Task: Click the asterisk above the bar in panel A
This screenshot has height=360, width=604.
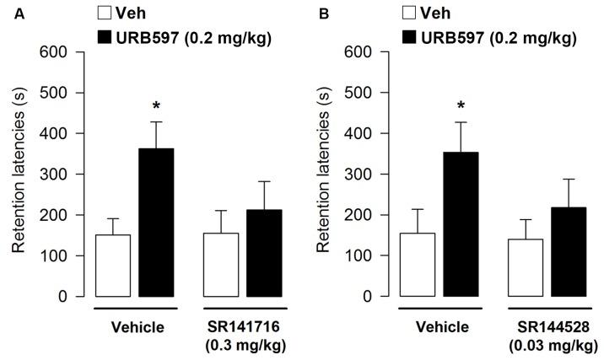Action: click(x=156, y=106)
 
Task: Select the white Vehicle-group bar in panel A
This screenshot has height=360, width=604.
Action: click(x=113, y=266)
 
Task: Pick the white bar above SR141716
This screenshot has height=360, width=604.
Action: click(x=222, y=265)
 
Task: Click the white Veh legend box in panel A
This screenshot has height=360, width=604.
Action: click(x=105, y=13)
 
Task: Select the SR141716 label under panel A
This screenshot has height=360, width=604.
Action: click(x=245, y=326)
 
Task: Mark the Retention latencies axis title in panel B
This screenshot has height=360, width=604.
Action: click(x=323, y=175)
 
